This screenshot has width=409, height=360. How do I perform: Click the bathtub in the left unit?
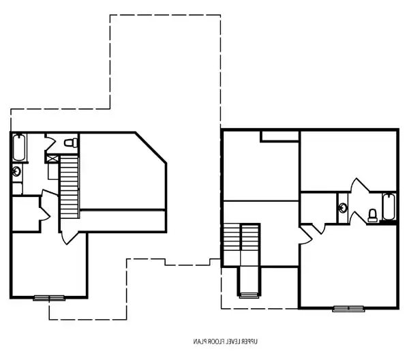(18, 147)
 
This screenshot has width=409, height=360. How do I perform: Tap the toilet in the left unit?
(69, 142)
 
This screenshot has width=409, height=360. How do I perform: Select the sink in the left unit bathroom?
(16, 171)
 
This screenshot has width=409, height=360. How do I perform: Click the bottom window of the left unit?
(49, 297)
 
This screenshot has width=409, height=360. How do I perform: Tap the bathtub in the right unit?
(389, 207)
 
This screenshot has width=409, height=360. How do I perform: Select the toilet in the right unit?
(372, 215)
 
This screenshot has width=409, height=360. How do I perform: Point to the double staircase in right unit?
(241, 245)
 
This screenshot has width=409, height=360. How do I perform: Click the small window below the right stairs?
(248, 295)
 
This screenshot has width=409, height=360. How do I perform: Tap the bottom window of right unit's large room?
(348, 308)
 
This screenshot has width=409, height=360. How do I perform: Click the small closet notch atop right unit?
(279, 136)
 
